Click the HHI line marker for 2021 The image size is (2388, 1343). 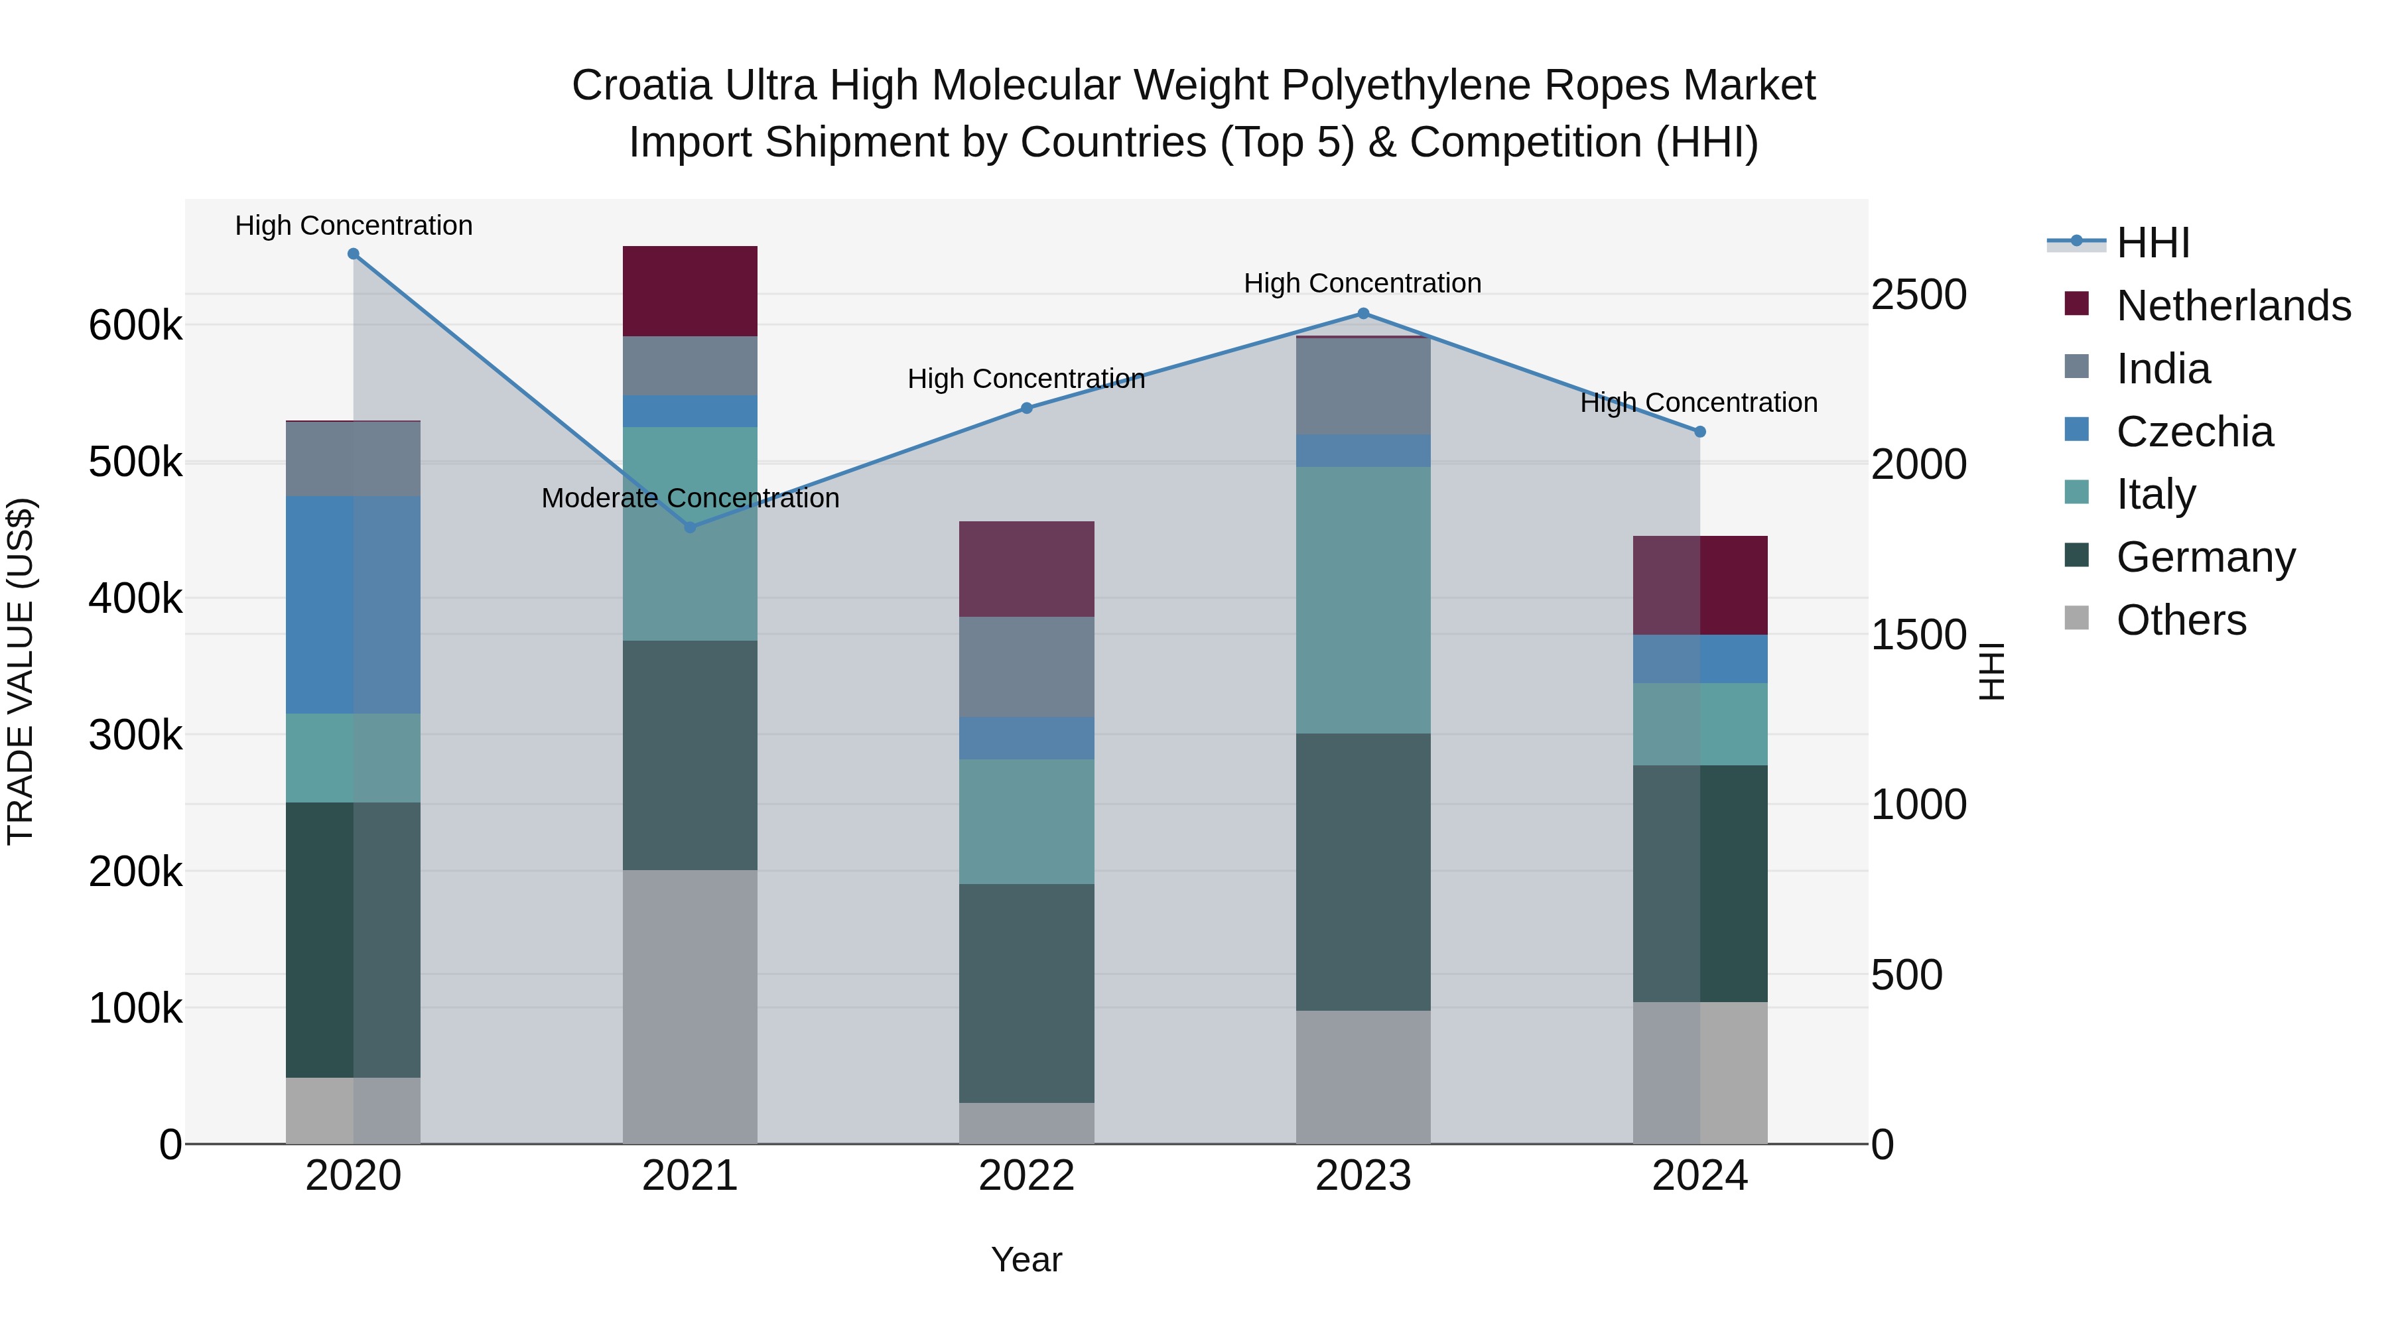(x=690, y=527)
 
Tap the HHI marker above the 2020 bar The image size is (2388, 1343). (x=353, y=254)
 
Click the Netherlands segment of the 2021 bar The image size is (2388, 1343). (x=690, y=291)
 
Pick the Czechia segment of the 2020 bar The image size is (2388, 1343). (x=353, y=604)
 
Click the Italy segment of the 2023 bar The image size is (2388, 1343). (x=1362, y=600)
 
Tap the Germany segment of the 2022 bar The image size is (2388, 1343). (x=1026, y=993)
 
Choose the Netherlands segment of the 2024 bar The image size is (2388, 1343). (x=1699, y=585)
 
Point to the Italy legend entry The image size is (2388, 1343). (x=2155, y=494)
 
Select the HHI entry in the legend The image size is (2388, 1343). (x=2153, y=243)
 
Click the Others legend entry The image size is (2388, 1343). (x=2180, y=620)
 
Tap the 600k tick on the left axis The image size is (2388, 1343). (x=135, y=326)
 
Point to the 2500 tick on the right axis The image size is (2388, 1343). (x=1918, y=294)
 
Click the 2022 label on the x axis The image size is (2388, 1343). (x=1026, y=1176)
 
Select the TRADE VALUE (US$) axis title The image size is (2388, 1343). (x=21, y=671)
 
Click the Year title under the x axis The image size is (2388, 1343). (x=1026, y=1259)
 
